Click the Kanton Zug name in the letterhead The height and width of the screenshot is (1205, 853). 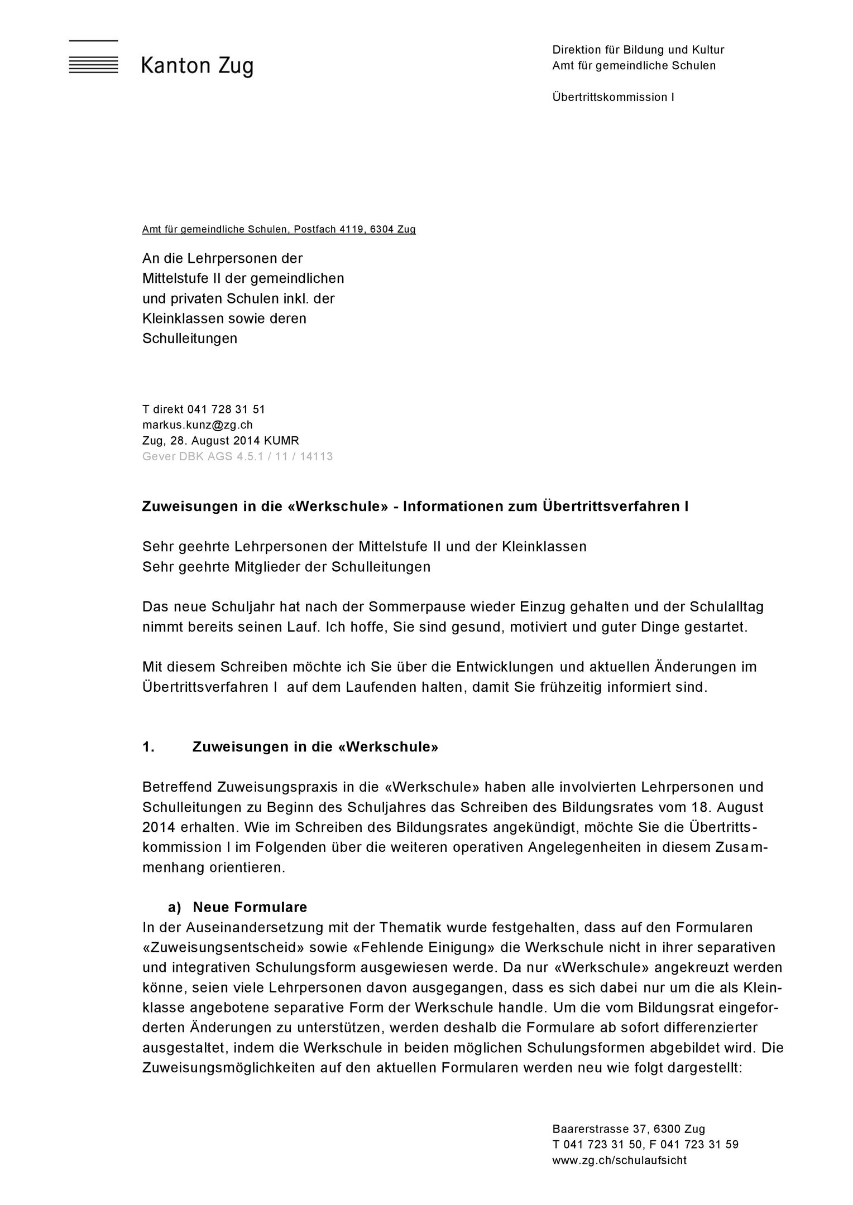(197, 66)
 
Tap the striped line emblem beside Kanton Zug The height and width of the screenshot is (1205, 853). (93, 65)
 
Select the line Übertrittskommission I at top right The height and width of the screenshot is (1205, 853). (613, 97)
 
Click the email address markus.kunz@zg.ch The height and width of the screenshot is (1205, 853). (198, 425)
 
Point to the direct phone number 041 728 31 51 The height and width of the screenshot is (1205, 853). (226, 409)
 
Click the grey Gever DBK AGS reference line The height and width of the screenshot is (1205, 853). (237, 456)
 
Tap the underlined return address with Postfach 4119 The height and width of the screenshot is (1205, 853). (279, 229)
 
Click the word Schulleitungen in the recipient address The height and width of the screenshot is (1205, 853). (190, 338)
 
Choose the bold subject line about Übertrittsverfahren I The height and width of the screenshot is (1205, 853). (415, 506)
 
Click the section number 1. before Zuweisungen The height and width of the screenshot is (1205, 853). (148, 746)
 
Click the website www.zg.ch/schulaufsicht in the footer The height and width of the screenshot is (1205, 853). (619, 1160)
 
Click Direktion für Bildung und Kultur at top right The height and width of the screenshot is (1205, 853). (638, 50)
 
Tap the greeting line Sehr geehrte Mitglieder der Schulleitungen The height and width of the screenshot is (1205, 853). (286, 567)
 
